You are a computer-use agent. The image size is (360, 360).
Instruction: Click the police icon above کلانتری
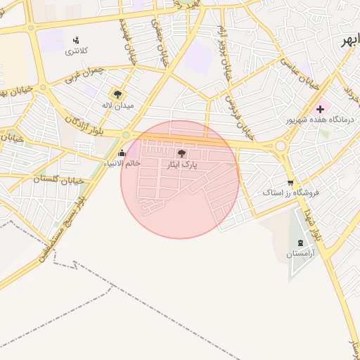[76, 39]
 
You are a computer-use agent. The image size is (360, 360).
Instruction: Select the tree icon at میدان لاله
[117, 94]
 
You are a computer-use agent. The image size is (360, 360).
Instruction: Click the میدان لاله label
[117, 105]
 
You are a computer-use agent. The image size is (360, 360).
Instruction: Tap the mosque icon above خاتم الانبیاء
[122, 153]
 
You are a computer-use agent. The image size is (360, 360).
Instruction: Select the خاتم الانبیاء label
[122, 163]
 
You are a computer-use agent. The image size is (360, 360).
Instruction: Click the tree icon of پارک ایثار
[181, 153]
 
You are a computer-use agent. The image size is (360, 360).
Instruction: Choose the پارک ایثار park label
[181, 164]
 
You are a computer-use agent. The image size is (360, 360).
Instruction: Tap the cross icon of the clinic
[321, 109]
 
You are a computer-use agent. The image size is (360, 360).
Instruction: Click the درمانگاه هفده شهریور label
[320, 120]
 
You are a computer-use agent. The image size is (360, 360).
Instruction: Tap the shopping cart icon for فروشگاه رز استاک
[290, 181]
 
